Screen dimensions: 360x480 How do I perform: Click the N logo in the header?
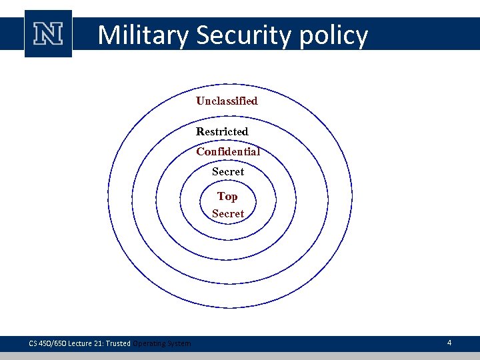coord(48,33)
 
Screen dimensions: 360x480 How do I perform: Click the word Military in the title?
coord(143,35)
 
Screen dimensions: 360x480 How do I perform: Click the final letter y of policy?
coord(361,37)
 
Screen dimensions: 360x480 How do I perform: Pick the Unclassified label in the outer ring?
coord(227,101)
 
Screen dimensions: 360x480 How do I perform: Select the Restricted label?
coord(222,131)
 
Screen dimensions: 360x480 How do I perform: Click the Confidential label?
coord(228,151)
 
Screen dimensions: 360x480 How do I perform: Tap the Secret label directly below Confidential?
coord(228,171)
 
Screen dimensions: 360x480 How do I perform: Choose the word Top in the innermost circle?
coord(227,196)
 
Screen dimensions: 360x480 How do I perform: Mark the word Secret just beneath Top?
coord(228,213)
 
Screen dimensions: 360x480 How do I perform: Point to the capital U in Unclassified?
coord(200,101)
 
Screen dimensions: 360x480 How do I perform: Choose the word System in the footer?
coord(180,343)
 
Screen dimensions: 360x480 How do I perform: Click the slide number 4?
coord(449,343)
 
